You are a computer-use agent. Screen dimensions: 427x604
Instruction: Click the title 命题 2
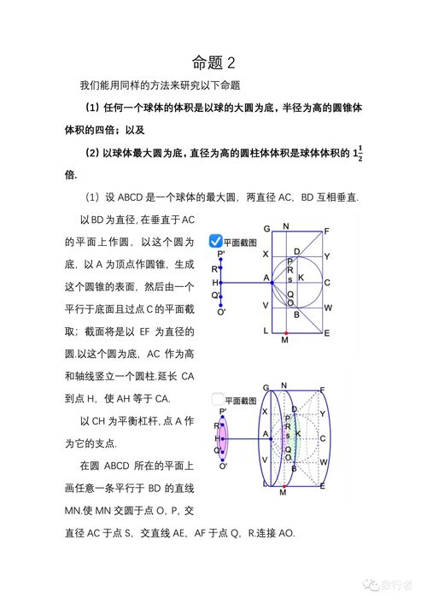click(213, 62)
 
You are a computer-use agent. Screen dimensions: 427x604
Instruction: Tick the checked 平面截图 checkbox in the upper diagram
click(216, 242)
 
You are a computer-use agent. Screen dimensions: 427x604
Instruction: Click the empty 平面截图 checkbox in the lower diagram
click(216, 399)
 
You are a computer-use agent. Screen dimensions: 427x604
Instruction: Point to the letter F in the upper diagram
click(327, 231)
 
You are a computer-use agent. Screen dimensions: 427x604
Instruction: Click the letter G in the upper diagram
click(266, 229)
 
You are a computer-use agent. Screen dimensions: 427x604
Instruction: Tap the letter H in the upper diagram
click(215, 281)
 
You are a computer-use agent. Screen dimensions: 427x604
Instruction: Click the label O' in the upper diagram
click(222, 312)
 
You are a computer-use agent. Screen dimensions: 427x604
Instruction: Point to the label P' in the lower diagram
click(221, 412)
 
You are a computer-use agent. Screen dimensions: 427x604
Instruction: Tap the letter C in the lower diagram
click(327, 438)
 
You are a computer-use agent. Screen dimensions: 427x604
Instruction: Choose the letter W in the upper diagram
click(327, 307)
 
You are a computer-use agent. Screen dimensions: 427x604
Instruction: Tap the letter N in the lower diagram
click(285, 384)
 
